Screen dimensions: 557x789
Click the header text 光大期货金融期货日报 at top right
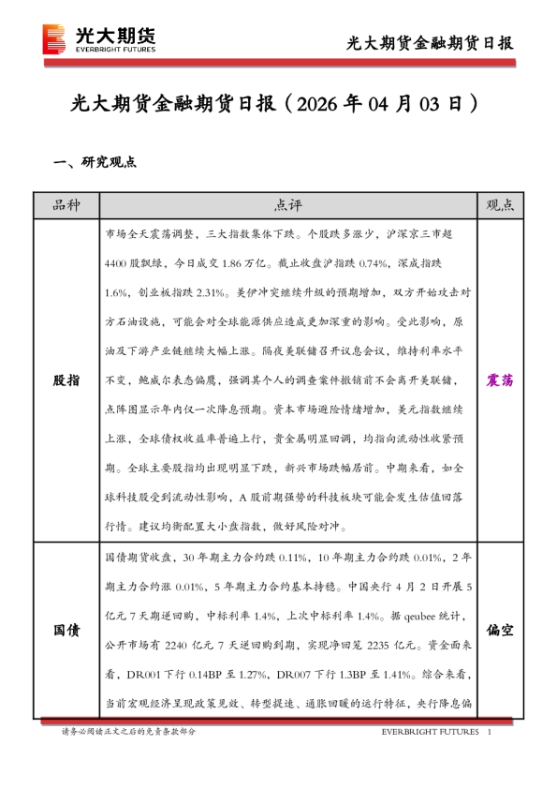point(430,43)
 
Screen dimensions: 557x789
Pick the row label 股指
point(66,380)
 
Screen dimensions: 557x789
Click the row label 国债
point(66,631)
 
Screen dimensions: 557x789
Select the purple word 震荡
point(500,380)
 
